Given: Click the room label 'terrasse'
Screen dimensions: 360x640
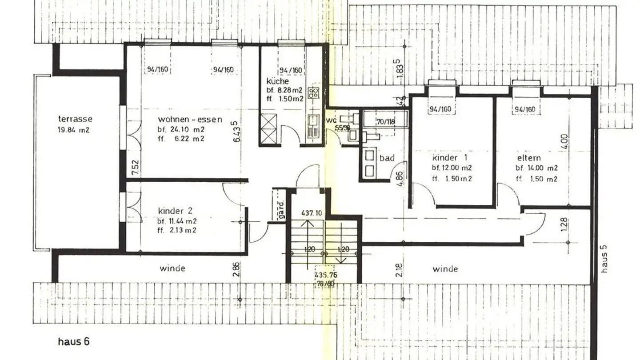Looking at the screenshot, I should coord(76,119).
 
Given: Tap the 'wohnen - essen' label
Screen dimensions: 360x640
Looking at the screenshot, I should coord(190,120).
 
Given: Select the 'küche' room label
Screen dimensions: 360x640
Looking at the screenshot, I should coord(278,81).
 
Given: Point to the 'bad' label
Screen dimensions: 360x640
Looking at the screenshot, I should coord(387,158).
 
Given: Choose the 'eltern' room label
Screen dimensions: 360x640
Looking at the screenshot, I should coord(529,158).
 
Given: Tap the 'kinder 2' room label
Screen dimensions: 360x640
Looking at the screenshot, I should coord(175,211).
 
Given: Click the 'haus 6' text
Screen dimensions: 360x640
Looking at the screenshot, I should coord(74,342).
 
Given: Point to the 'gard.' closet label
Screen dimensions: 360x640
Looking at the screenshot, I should coord(281,205).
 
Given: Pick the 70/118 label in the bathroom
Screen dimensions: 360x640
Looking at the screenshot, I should coord(385,121).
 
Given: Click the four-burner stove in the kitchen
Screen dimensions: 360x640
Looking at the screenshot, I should coord(314,92).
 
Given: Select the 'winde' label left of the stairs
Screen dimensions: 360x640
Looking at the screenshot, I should coord(172,268).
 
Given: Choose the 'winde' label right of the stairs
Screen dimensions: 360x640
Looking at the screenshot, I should coord(445,269).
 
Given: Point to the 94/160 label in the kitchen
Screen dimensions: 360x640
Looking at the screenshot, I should coord(291,70).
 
